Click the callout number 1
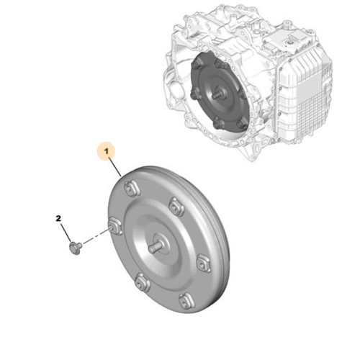[x=107, y=152]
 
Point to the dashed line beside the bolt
[x=94, y=239]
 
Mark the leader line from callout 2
[x=66, y=230]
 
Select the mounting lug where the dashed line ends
[x=113, y=229]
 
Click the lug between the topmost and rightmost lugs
[x=176, y=207]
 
